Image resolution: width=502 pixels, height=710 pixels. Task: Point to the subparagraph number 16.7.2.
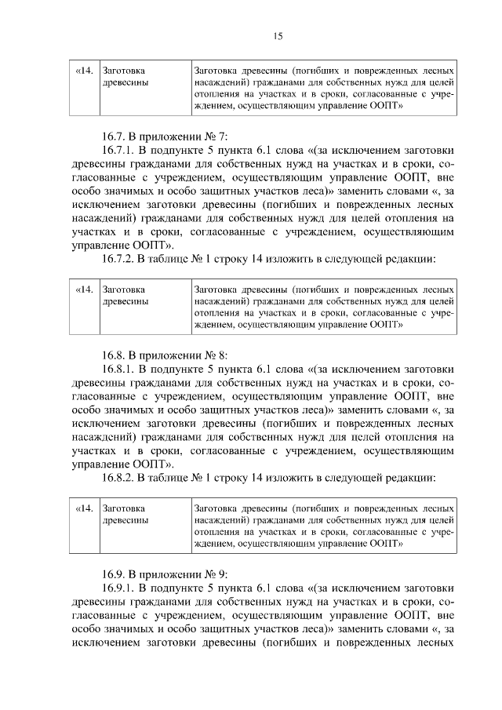(120, 256)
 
